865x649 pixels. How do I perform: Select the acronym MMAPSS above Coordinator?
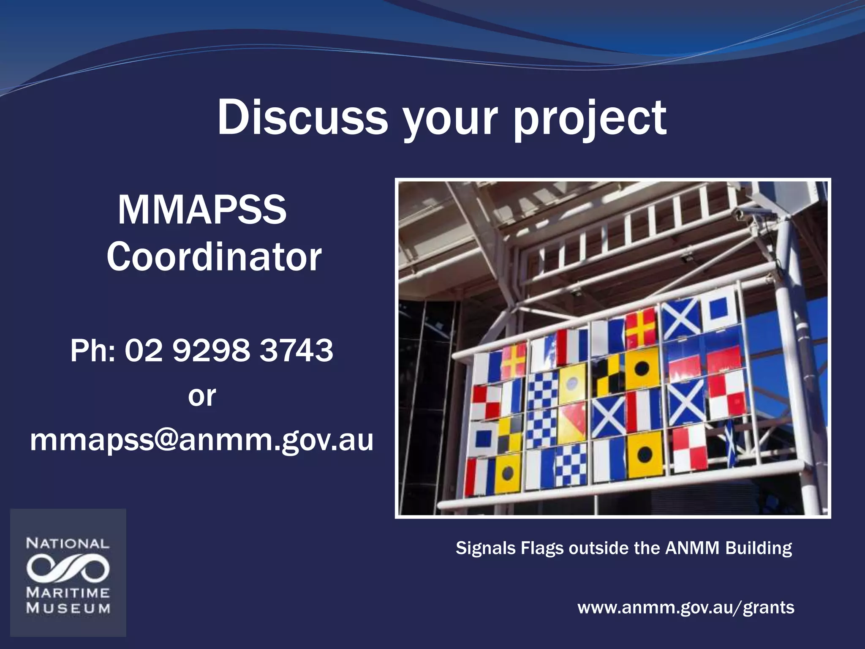pos(202,210)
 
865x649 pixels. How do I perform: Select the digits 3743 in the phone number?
pos(296,351)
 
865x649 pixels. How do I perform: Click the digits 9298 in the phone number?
pos(212,351)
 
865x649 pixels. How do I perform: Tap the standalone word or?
pos(202,396)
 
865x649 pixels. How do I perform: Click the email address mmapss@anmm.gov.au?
pos(202,440)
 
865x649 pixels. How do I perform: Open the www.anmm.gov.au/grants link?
pos(685,608)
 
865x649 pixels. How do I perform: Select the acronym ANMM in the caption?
pos(692,548)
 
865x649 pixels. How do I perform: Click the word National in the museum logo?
pos(68,543)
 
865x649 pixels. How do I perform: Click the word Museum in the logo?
pos(68,609)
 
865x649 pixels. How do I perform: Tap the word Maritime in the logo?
pos(68,593)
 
